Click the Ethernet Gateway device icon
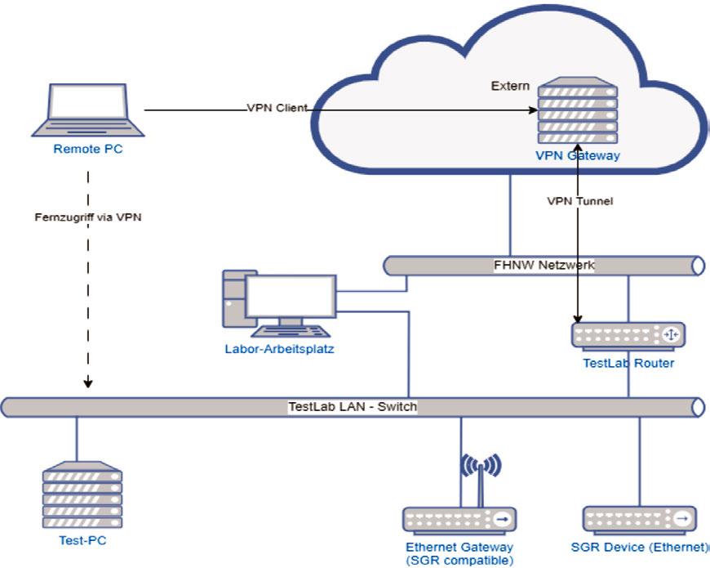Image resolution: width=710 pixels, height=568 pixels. (459, 519)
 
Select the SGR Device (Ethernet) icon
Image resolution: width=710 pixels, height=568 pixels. (640, 519)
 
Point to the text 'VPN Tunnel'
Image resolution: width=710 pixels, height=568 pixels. (579, 201)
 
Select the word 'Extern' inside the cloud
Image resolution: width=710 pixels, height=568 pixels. (510, 86)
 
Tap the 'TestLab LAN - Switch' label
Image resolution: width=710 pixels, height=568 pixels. (352, 406)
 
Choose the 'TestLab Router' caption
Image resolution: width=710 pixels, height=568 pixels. (628, 363)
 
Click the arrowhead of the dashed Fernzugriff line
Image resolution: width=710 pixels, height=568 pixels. (88, 382)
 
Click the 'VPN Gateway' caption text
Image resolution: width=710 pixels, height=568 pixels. (577, 155)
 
